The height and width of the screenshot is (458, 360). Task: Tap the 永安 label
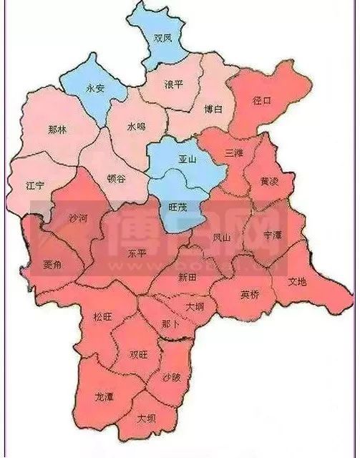[x=94, y=88]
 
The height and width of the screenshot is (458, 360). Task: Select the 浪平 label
[x=173, y=84]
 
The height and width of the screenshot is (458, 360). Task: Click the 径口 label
[x=263, y=101]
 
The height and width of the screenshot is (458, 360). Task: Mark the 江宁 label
[x=35, y=185]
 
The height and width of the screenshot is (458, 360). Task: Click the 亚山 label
[x=186, y=160]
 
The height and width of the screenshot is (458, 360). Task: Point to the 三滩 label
[x=234, y=152]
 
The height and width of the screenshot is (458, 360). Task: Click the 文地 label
[x=297, y=281]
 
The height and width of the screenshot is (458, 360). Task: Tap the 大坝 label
[x=147, y=417]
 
